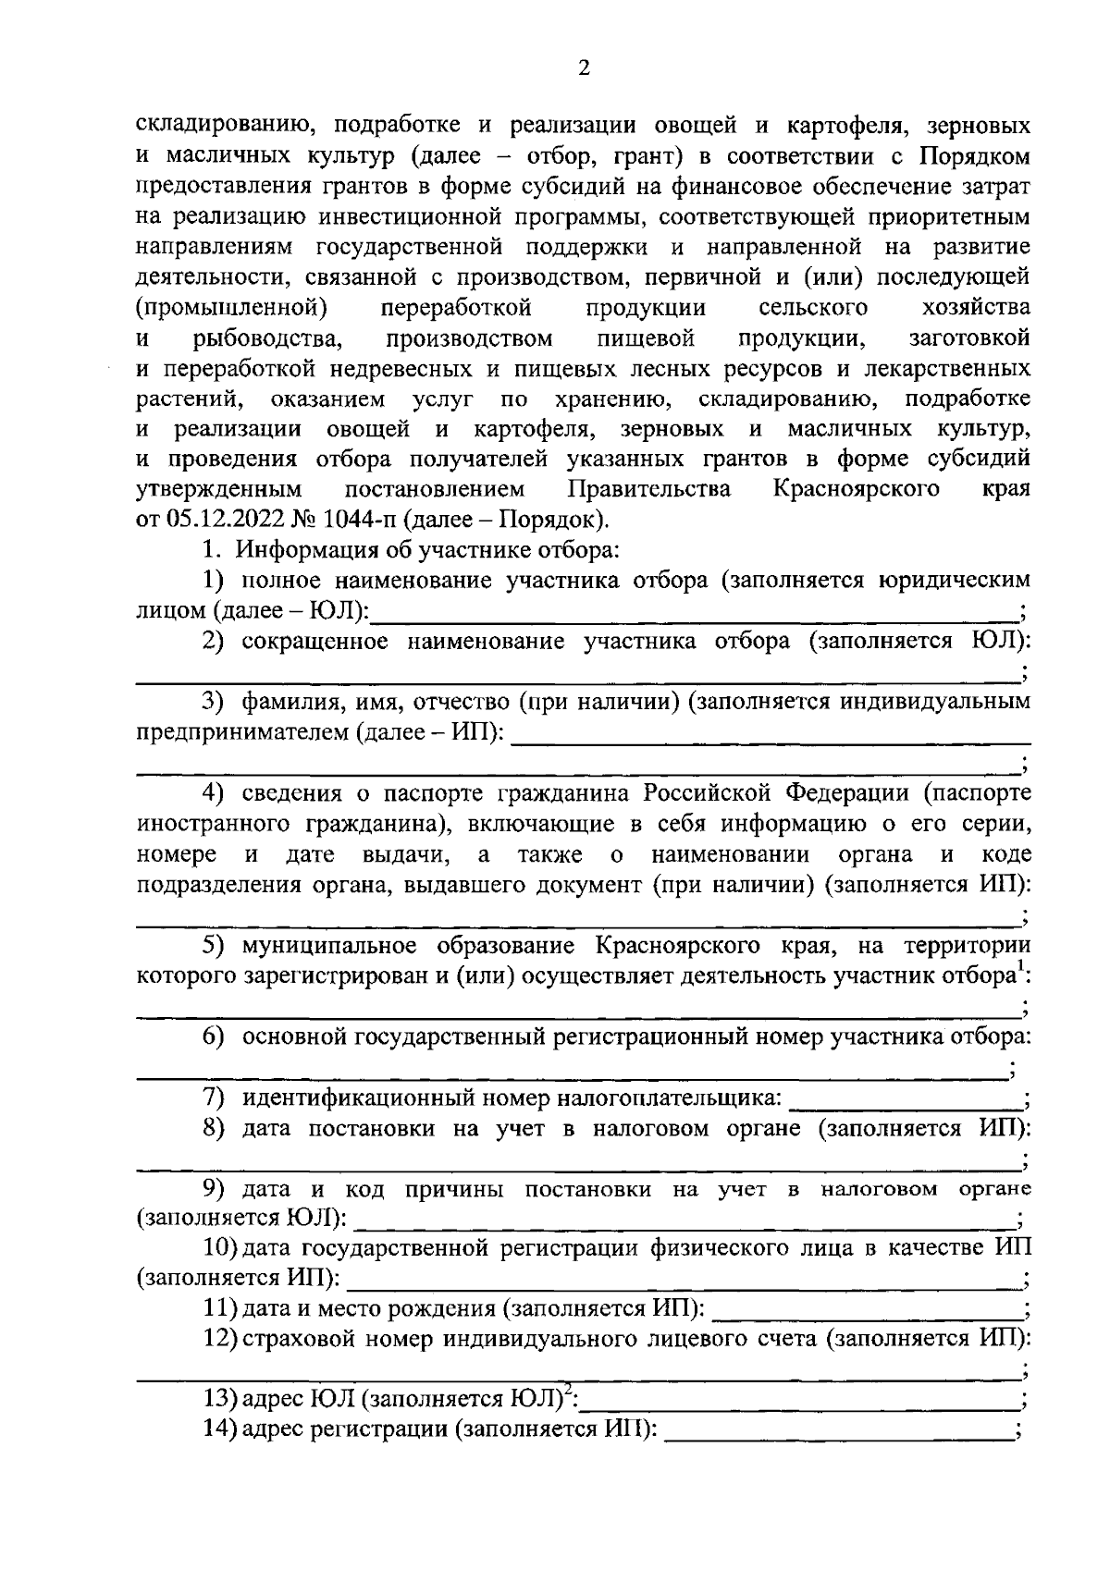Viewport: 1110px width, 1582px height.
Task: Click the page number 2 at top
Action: (x=583, y=67)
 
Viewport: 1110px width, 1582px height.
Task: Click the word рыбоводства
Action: (x=268, y=337)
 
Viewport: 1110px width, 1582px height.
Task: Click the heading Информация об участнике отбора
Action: (x=425, y=550)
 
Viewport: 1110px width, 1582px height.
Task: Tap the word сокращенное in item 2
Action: (x=314, y=643)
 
